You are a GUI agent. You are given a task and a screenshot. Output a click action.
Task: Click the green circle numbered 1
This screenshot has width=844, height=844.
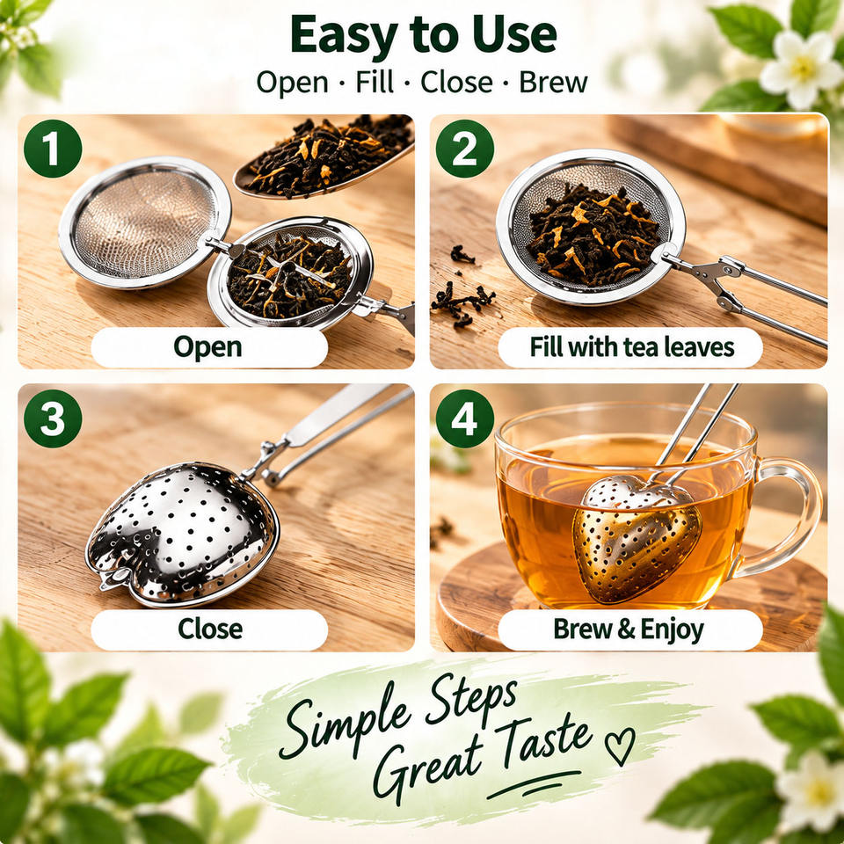pos(53,149)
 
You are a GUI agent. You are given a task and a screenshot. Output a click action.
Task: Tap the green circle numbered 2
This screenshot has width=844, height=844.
pos(464,149)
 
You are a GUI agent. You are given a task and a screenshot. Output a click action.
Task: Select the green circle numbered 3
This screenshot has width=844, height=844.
pos(53,418)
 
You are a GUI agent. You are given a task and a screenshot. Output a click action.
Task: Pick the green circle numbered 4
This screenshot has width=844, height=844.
pos(464,418)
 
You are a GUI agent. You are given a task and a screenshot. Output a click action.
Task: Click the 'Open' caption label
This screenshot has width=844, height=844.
pos(209,347)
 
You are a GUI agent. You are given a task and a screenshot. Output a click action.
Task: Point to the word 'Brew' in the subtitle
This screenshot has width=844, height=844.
pos(553,83)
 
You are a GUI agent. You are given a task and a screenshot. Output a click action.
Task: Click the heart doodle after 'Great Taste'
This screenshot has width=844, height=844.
pos(620,746)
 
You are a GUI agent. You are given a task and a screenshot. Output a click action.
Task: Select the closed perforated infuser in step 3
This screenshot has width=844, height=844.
pos(182,534)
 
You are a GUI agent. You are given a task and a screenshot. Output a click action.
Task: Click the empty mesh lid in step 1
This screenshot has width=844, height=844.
pos(144,222)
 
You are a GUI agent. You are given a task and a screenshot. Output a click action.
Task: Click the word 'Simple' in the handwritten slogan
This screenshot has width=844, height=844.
pos(345,724)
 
